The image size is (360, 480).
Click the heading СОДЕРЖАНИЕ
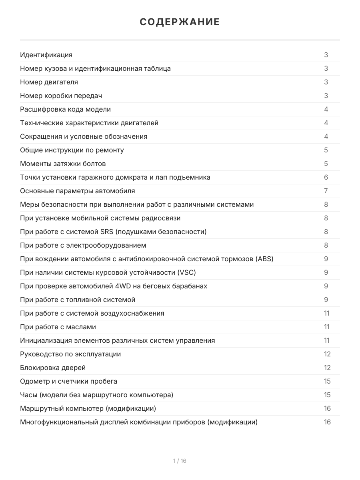[x=180, y=22]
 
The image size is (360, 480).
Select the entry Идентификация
[x=46, y=55]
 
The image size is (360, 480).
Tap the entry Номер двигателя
[x=49, y=82]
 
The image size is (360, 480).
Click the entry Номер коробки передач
[x=61, y=96]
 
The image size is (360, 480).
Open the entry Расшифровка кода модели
[x=66, y=109]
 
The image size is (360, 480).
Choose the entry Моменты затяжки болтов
[x=63, y=164]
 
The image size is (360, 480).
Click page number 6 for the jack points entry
[x=326, y=177]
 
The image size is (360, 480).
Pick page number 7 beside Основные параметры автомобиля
[x=326, y=191]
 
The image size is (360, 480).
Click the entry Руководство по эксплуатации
[x=70, y=354]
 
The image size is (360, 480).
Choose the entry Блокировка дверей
[x=53, y=368]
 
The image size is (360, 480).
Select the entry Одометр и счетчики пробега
[x=69, y=381]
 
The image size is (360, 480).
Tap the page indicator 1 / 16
[x=180, y=461]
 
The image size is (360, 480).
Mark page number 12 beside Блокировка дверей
[x=327, y=368]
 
